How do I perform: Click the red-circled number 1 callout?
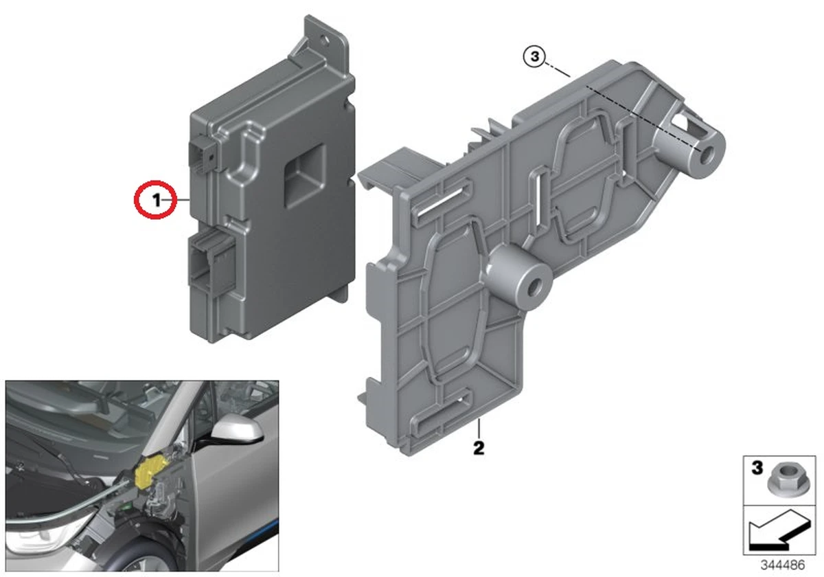pos(156,199)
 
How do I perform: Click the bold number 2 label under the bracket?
pos(479,448)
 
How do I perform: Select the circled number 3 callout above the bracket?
pos(534,56)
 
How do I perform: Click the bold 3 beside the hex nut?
pos(757,468)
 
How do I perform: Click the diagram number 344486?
pos(782,565)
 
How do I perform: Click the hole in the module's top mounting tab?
pos(324,38)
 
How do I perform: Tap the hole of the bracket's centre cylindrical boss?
pos(534,288)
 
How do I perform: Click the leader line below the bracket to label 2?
pos(479,429)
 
